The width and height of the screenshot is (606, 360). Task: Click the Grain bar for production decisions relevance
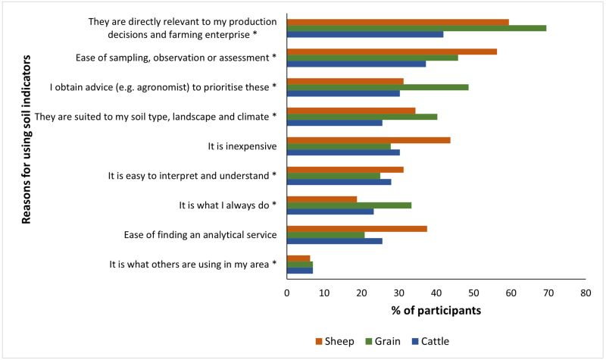click(417, 28)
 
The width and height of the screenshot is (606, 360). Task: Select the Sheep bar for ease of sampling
click(392, 52)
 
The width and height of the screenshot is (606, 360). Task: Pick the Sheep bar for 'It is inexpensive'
click(369, 140)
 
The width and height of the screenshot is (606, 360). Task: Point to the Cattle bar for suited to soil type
click(335, 123)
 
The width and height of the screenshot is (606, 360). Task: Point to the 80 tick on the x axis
click(585, 293)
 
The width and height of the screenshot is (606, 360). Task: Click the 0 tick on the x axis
click(287, 293)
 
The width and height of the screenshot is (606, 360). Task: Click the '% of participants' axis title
click(436, 311)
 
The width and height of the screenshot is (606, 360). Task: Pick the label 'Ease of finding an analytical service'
click(201, 235)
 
